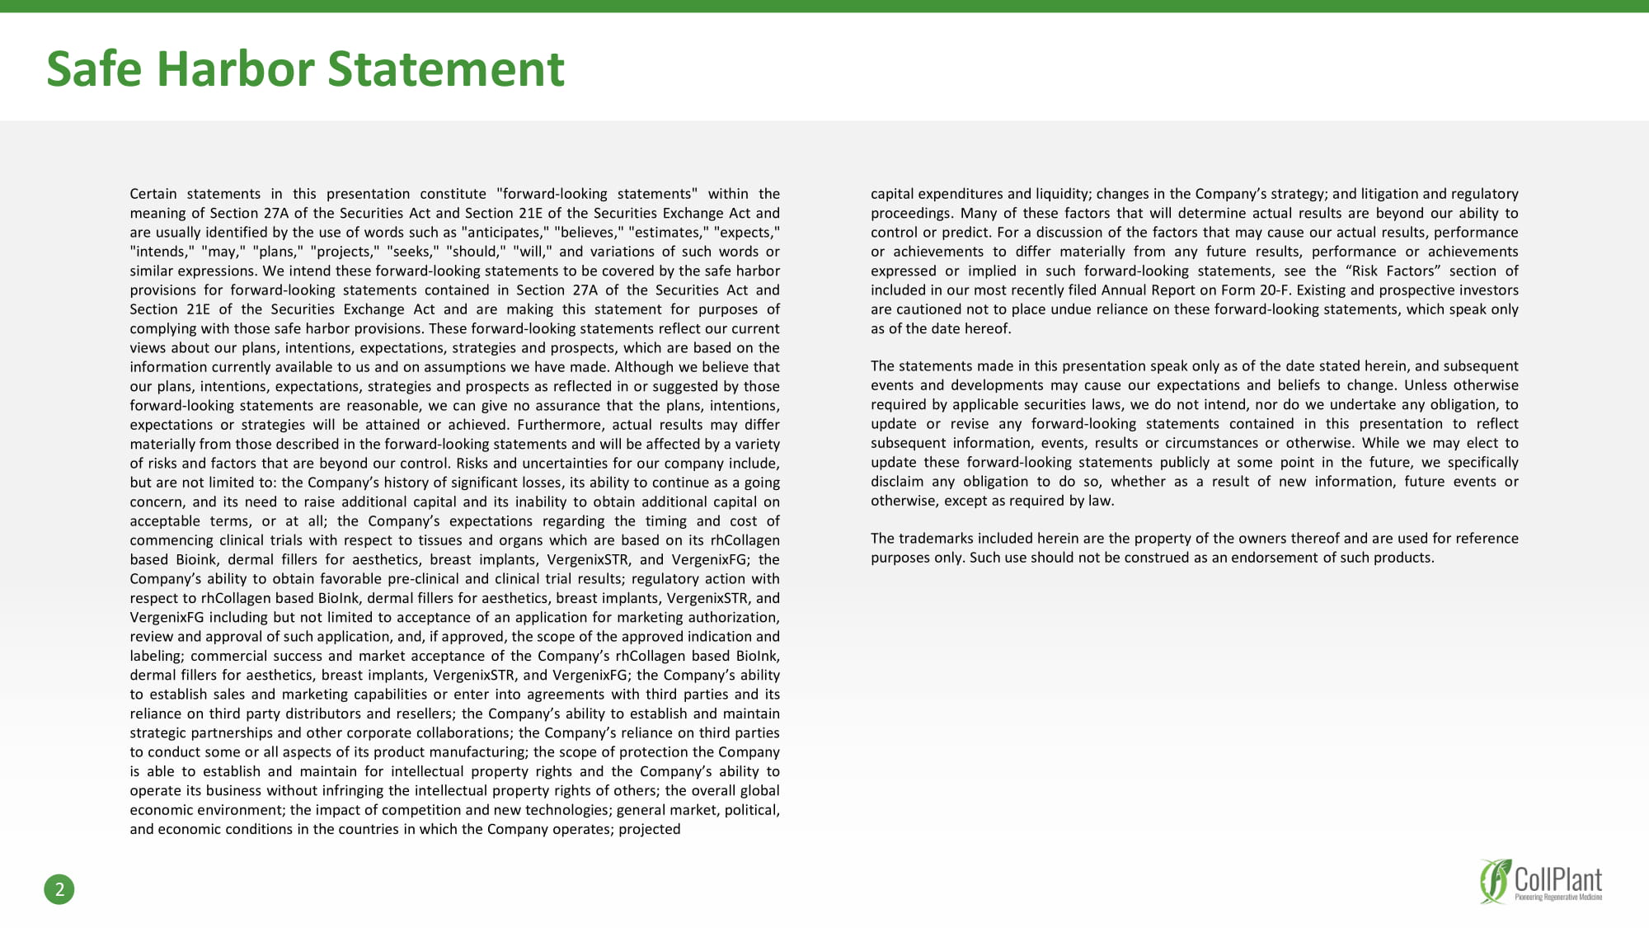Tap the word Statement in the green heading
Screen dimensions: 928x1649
[x=446, y=68]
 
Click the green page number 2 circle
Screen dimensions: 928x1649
[x=59, y=889]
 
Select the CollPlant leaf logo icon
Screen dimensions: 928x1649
[x=1495, y=881]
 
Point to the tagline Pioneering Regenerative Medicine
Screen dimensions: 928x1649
[x=1558, y=897]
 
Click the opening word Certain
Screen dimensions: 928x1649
[x=153, y=194]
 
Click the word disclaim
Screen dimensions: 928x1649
[x=897, y=482]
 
